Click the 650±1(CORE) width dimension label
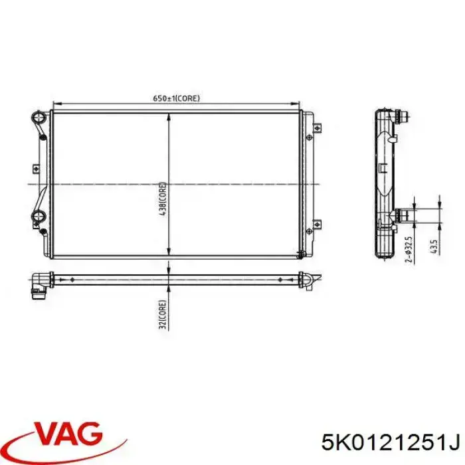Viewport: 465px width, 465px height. click(177, 98)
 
